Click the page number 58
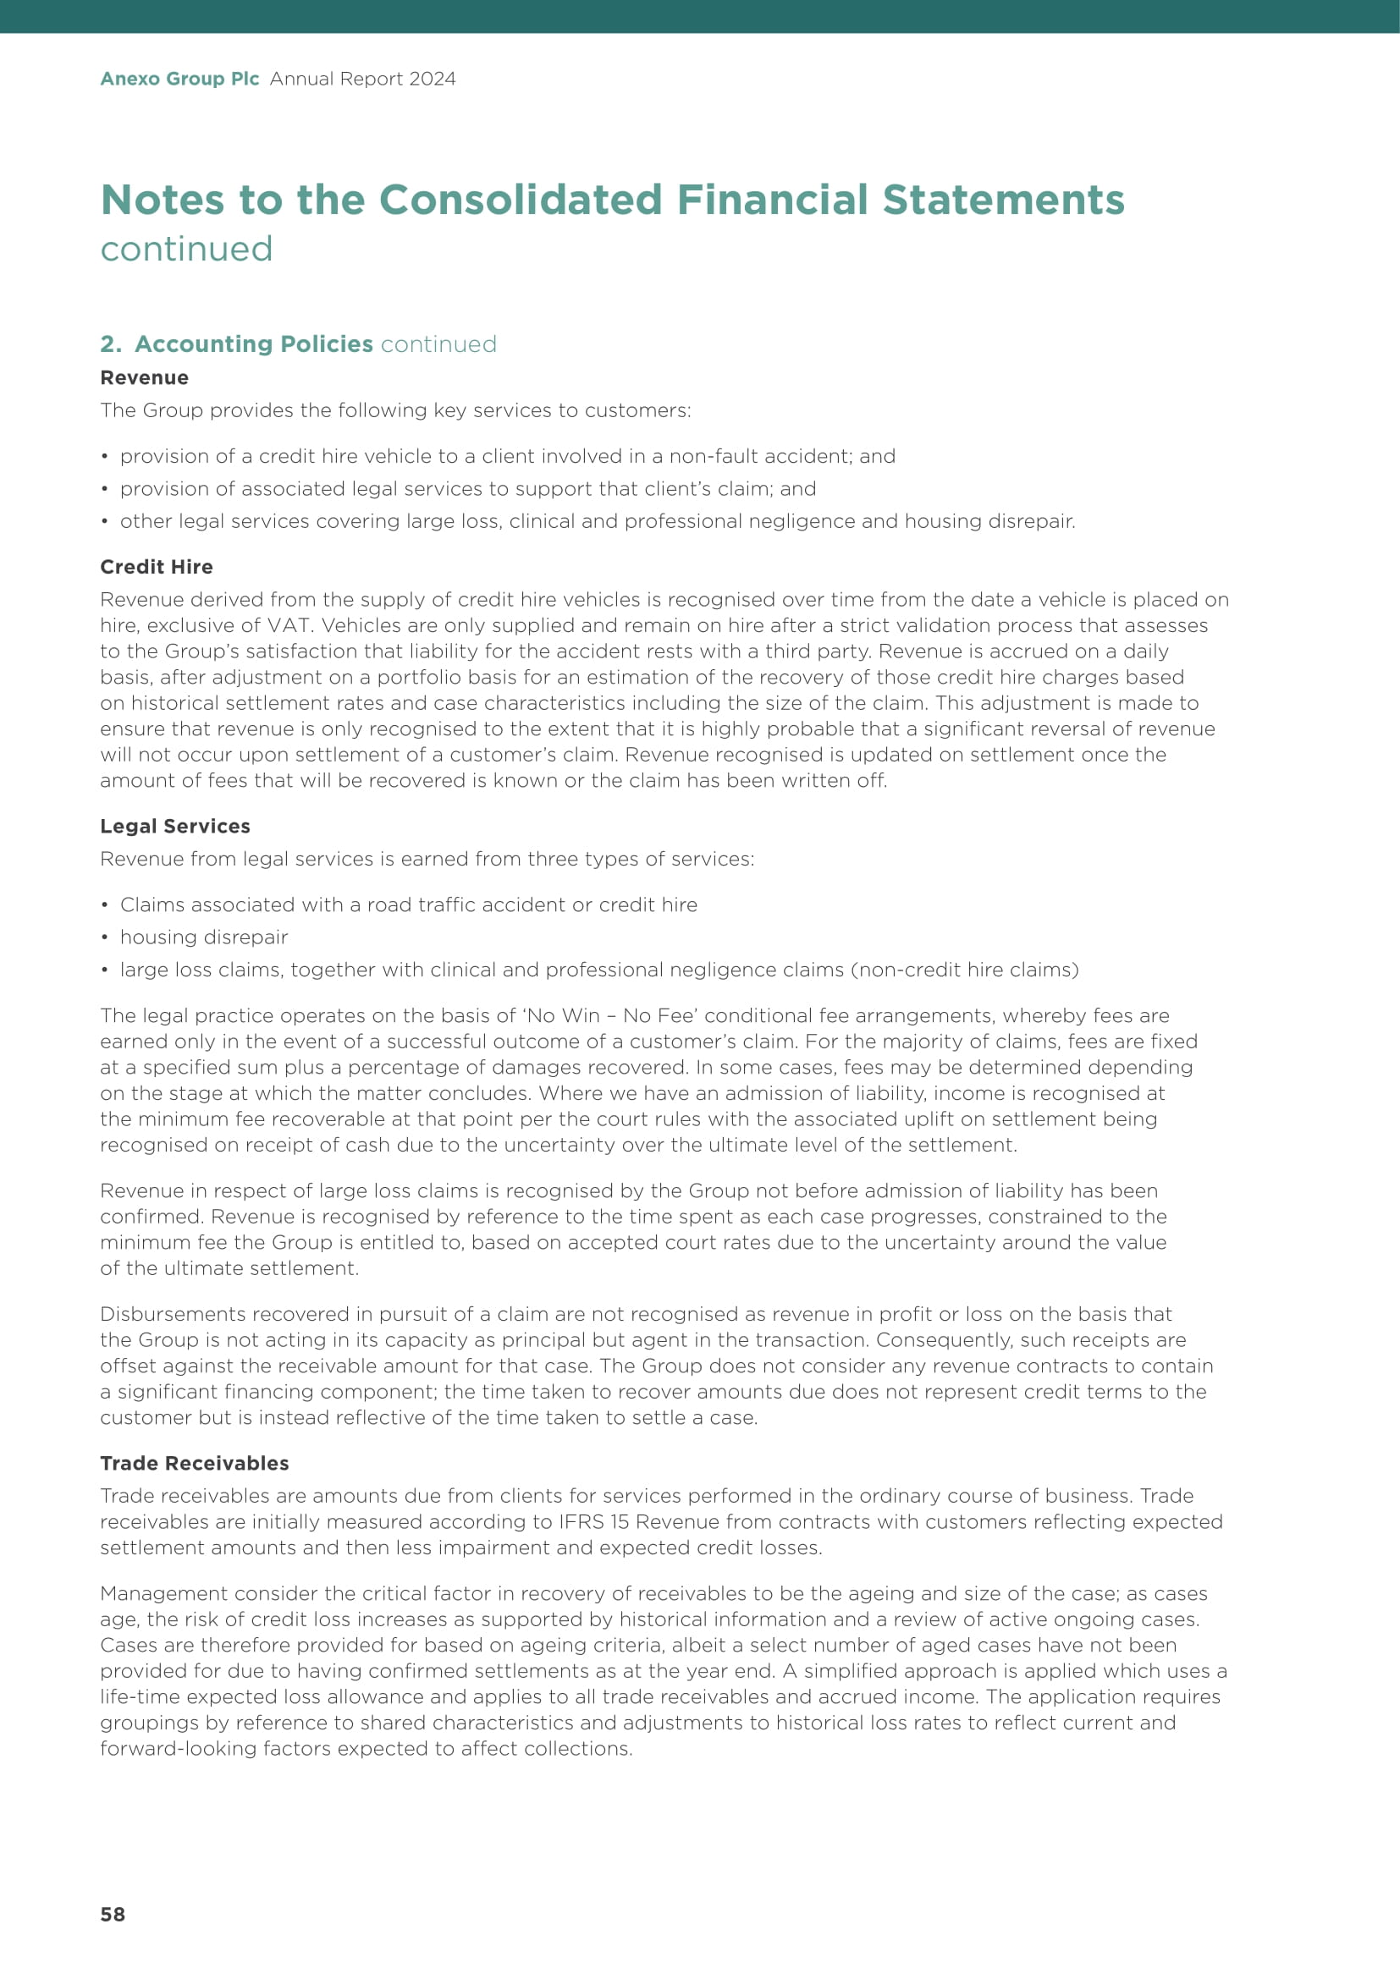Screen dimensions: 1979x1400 click(112, 1914)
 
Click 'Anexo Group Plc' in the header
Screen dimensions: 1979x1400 click(179, 79)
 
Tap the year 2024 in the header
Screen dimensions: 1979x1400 click(432, 79)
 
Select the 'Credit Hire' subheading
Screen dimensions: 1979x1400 click(156, 566)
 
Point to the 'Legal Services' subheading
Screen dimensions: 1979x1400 click(175, 826)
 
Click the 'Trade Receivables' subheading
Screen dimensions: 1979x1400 click(194, 1463)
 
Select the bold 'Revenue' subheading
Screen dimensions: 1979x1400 click(144, 377)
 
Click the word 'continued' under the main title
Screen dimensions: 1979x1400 click(186, 248)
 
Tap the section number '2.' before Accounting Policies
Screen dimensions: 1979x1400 click(110, 344)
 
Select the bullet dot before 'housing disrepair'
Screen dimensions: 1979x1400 click(104, 937)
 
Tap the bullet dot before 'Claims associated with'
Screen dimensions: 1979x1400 click(104, 905)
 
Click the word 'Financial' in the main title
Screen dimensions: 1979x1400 click(773, 199)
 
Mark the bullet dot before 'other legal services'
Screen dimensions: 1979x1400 click(104, 521)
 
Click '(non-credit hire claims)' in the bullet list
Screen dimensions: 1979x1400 click(965, 970)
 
